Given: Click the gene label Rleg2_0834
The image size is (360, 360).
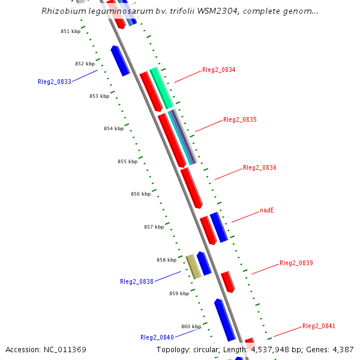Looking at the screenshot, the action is tap(218, 70).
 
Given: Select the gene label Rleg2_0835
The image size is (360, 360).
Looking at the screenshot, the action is tap(239, 119).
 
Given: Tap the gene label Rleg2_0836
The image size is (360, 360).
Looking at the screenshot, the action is tap(259, 167).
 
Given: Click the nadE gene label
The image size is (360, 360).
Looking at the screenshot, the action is tap(266, 211).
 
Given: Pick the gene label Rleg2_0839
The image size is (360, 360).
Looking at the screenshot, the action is tap(296, 263).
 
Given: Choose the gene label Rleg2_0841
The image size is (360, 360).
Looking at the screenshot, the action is tap(319, 326).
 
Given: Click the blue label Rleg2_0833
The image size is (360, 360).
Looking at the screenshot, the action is tap(54, 82).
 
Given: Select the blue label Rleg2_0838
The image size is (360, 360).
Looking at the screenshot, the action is tap(136, 281).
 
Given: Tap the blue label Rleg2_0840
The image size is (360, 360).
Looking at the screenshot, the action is tap(157, 337).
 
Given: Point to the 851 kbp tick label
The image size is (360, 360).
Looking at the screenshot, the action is tap(70, 31).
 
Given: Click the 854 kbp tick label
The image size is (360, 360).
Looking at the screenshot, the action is tap(113, 128).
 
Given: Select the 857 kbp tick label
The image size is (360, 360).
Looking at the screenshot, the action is tap(154, 227).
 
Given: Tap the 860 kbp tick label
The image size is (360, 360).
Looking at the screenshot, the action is tap(191, 326).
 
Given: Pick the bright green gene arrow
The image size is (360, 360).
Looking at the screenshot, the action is tap(161, 88).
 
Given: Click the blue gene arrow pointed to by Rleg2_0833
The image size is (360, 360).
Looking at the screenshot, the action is tap(120, 61).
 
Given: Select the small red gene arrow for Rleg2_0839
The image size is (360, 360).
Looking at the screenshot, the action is tap(227, 281).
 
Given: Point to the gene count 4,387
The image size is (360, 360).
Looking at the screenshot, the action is tap(343, 349).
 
